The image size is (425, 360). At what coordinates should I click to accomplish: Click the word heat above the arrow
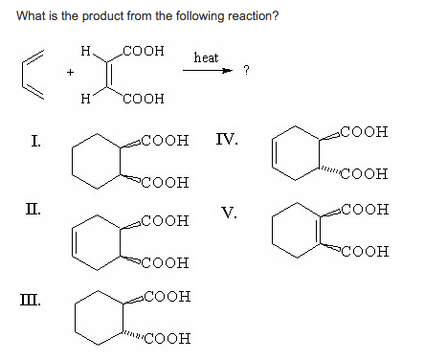[206, 58]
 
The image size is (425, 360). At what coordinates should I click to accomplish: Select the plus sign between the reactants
[69, 71]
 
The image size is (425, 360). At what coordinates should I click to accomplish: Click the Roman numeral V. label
[227, 213]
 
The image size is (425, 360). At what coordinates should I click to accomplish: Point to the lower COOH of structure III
[165, 338]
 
